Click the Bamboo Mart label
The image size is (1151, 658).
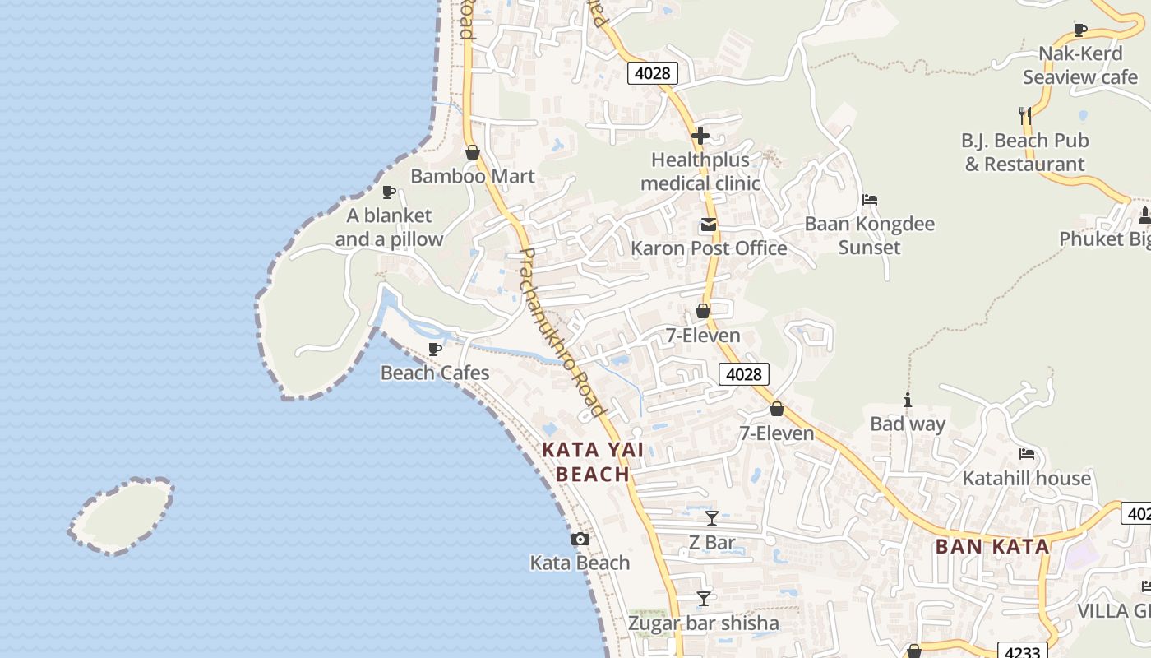pos(472,176)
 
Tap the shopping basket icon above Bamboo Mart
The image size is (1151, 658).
pos(473,152)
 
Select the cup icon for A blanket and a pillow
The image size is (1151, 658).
pos(389,192)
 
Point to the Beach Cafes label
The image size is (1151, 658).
pos(434,373)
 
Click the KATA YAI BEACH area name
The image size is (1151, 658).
pos(593,461)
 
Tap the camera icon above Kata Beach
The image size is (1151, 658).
pos(580,540)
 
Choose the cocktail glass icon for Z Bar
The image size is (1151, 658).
pos(712,518)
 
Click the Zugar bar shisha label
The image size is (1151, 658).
pos(703,623)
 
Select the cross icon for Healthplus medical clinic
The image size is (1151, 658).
pos(700,136)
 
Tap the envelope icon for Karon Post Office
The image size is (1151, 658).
pos(708,225)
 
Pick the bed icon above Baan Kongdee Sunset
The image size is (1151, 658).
pos(870,200)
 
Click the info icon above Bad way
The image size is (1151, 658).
pos(908,401)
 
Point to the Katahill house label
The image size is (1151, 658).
pos(1026,478)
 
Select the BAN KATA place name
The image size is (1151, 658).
pos(992,546)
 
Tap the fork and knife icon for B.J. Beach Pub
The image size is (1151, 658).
pos(1025,116)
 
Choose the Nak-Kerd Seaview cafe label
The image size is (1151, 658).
pos(1079,65)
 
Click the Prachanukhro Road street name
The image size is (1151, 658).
pos(563,331)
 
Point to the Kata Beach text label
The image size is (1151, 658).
pos(580,563)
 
